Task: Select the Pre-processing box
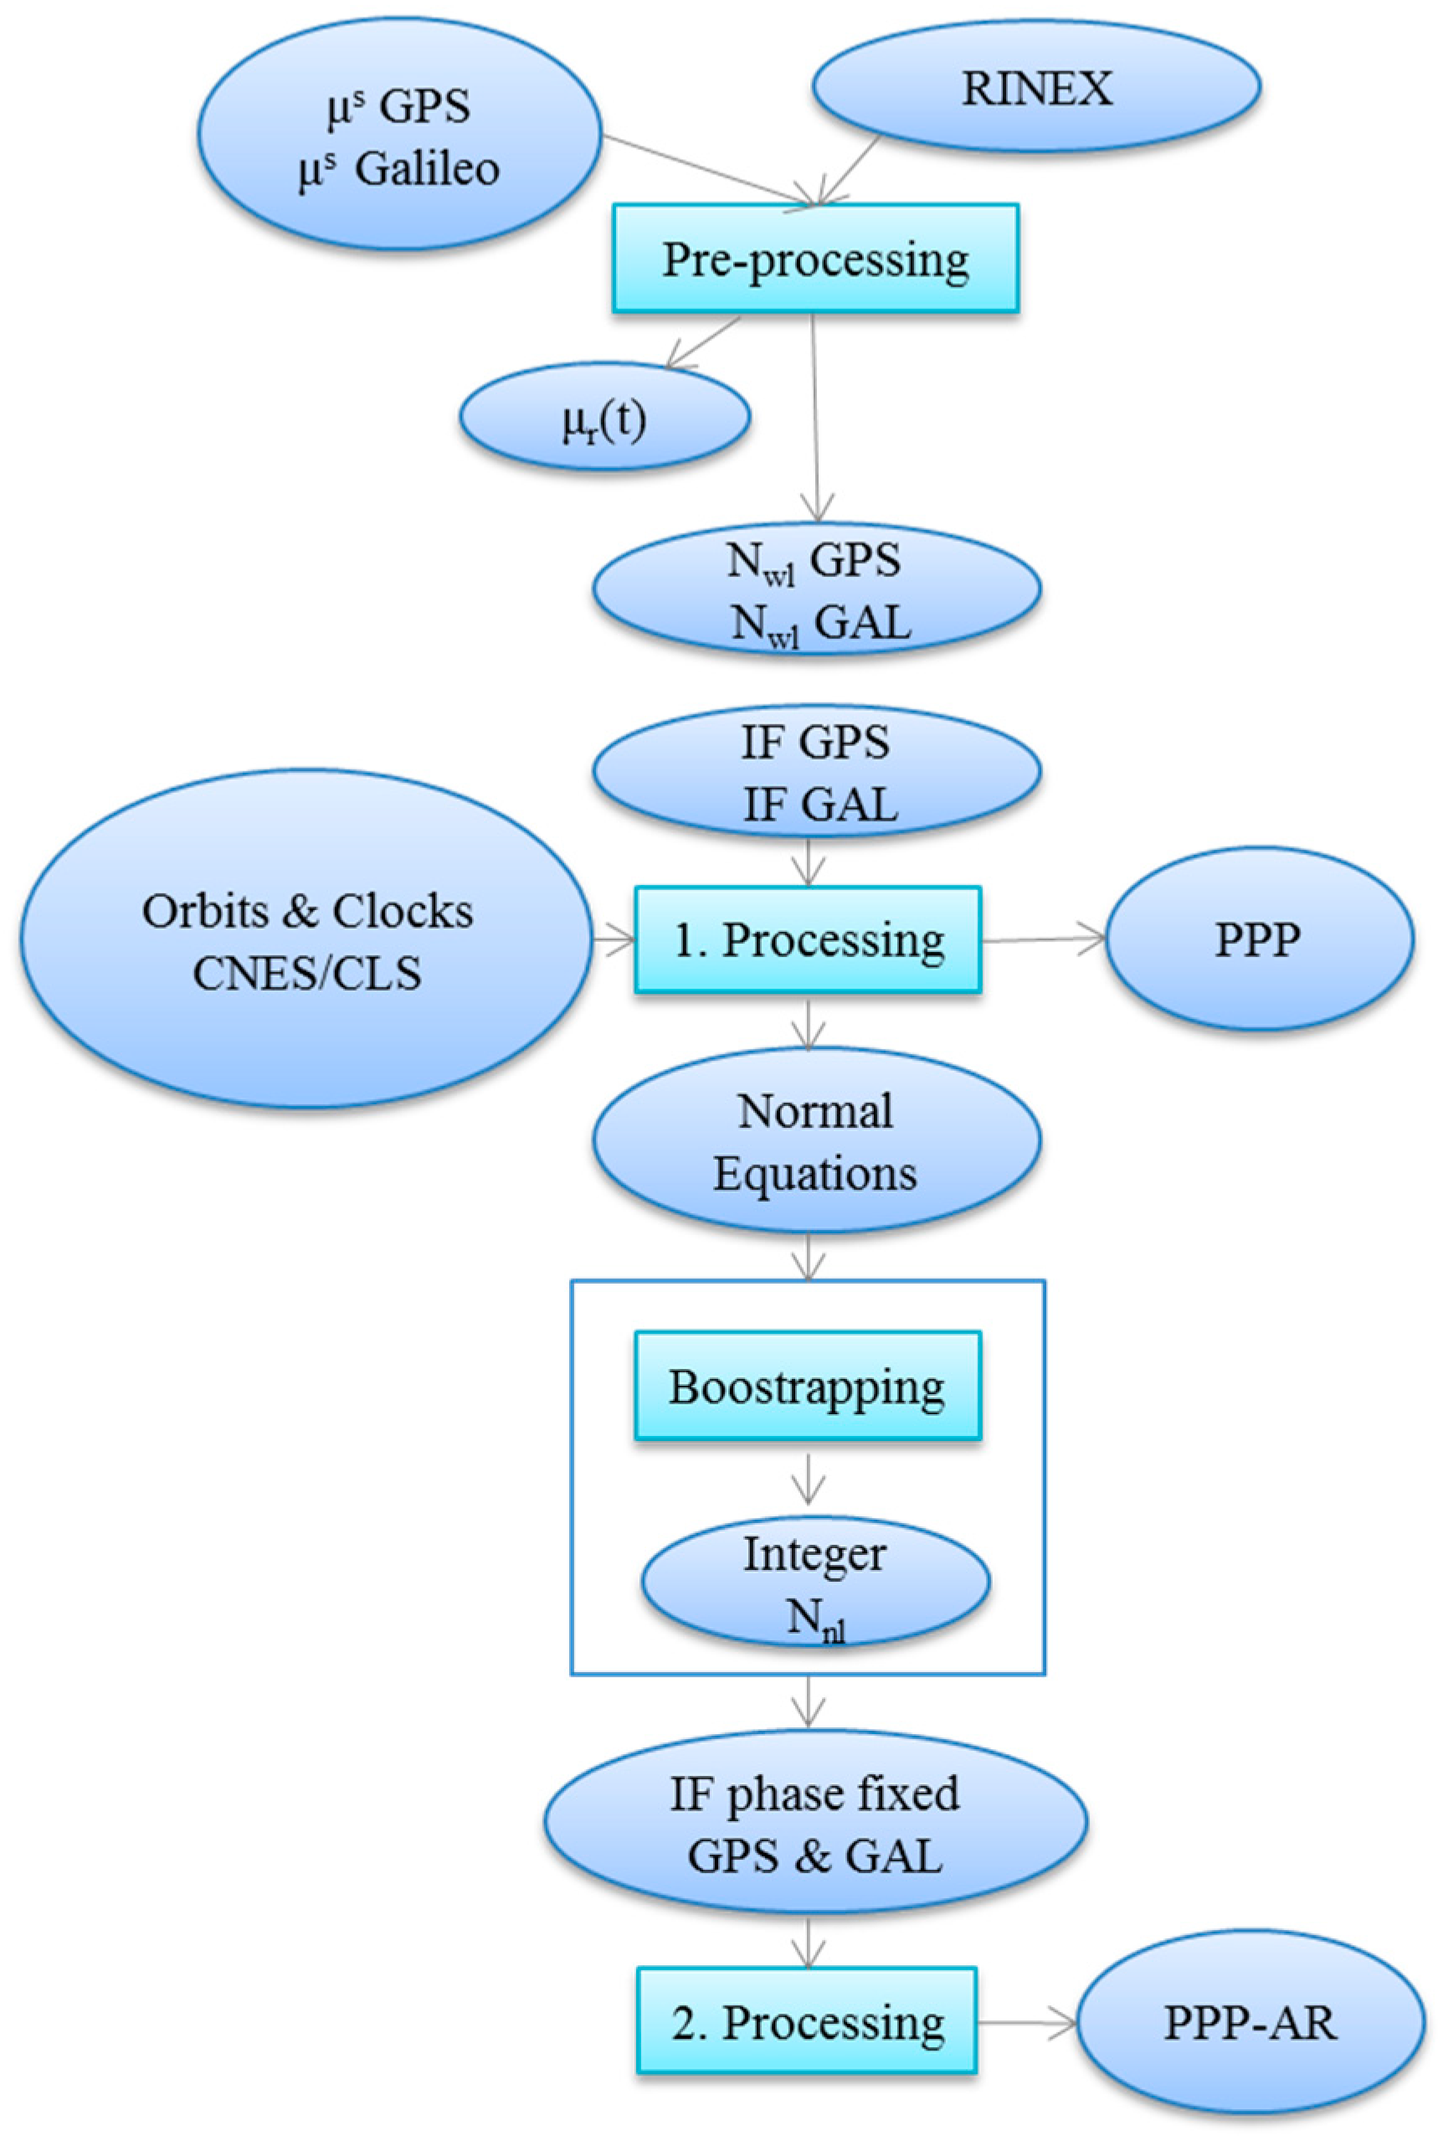[x=815, y=259]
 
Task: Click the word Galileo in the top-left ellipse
[x=426, y=169]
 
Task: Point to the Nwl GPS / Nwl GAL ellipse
[x=816, y=590]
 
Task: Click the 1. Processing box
[x=808, y=939]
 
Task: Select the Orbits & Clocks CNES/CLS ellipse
[x=306, y=939]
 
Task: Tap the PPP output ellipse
[x=1258, y=939]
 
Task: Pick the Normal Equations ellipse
[x=816, y=1141]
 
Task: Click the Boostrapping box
[x=808, y=1387]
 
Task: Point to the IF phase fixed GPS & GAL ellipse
[x=815, y=1824]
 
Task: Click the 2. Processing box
[x=807, y=2022]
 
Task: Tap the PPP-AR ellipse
[x=1250, y=2022]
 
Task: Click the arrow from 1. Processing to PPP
[x=1044, y=939]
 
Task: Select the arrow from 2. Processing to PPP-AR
[x=1026, y=2022]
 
